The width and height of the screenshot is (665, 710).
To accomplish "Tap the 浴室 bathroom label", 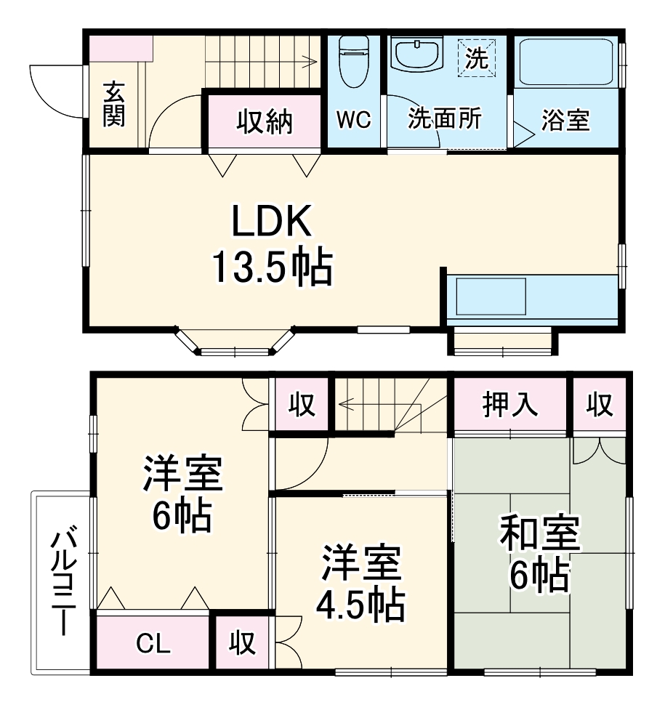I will [x=565, y=121].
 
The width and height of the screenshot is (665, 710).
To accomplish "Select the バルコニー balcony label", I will [x=63, y=581].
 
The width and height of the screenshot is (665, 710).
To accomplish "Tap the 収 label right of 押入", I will [x=600, y=405].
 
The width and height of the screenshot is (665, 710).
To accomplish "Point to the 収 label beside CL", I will [x=243, y=643].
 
